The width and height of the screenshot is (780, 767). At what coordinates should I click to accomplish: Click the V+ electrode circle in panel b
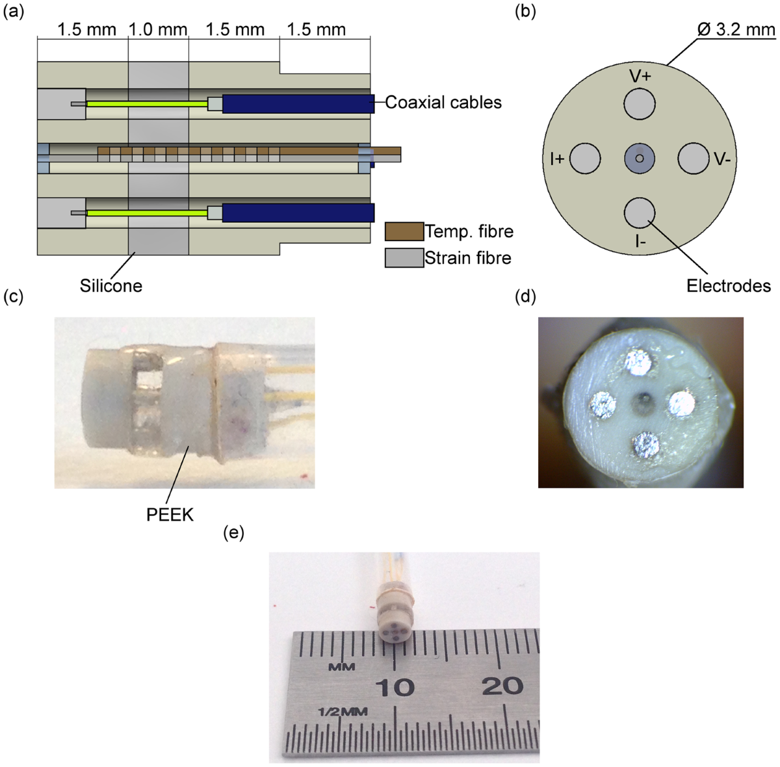pyautogui.click(x=640, y=104)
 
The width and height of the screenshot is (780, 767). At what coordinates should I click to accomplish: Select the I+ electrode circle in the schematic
pyautogui.click(x=586, y=159)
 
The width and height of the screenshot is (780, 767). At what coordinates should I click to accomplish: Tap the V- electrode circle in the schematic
pyautogui.click(x=694, y=159)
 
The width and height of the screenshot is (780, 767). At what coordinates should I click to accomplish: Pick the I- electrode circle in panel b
pyautogui.click(x=640, y=213)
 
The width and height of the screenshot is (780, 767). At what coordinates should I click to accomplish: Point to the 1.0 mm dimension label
pyautogui.click(x=158, y=30)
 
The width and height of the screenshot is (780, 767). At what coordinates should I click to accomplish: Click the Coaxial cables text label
pyautogui.click(x=443, y=102)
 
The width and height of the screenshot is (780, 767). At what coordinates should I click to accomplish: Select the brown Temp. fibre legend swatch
pyautogui.click(x=404, y=231)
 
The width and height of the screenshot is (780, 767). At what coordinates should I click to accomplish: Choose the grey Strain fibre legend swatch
pyautogui.click(x=404, y=258)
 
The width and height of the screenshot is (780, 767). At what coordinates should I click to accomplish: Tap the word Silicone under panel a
pyautogui.click(x=111, y=285)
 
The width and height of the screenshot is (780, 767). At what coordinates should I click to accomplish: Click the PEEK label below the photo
pyautogui.click(x=170, y=515)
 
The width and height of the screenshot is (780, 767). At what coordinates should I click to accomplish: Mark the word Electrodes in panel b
pyautogui.click(x=729, y=286)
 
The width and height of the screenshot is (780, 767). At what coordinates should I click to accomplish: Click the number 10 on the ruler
pyautogui.click(x=396, y=686)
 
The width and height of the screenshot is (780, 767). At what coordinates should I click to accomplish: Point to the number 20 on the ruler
pyautogui.click(x=504, y=685)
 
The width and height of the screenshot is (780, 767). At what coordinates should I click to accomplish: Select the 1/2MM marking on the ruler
pyautogui.click(x=343, y=712)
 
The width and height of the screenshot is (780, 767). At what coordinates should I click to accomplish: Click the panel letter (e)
pyautogui.click(x=233, y=534)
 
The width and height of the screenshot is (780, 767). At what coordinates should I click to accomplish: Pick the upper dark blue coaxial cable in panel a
pyautogui.click(x=298, y=104)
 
